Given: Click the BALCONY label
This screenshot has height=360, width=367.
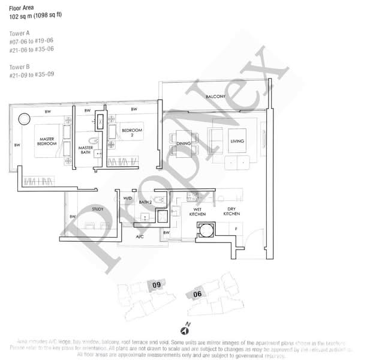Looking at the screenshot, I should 215,96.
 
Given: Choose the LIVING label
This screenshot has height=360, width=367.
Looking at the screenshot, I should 238,142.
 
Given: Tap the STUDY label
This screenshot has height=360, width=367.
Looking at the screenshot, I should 97,209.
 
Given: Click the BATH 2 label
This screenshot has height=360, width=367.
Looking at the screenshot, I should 145,202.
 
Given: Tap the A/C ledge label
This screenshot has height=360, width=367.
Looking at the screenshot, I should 140,237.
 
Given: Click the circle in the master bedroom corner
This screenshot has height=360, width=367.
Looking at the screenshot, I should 23,119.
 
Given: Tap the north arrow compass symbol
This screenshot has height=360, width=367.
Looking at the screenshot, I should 183,329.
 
